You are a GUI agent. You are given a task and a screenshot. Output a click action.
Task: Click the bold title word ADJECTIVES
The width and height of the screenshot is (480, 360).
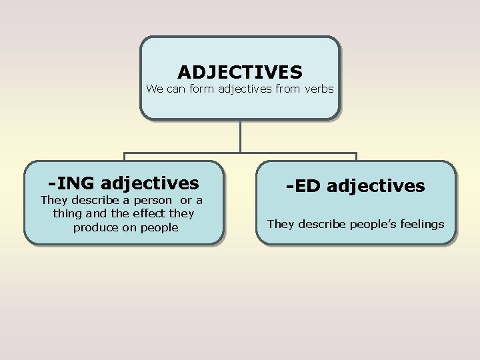tap(240, 71)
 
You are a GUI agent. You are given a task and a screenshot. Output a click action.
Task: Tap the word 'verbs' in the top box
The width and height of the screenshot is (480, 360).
tap(319, 89)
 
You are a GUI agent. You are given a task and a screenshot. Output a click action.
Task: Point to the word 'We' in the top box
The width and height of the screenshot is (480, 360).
tap(154, 89)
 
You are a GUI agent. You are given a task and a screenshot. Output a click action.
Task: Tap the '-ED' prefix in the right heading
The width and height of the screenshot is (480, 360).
tap(305, 186)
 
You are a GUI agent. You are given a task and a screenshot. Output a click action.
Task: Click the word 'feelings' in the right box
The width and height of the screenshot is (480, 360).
tap(420, 224)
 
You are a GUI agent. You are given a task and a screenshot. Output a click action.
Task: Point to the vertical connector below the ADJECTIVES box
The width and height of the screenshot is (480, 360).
tap(240, 137)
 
